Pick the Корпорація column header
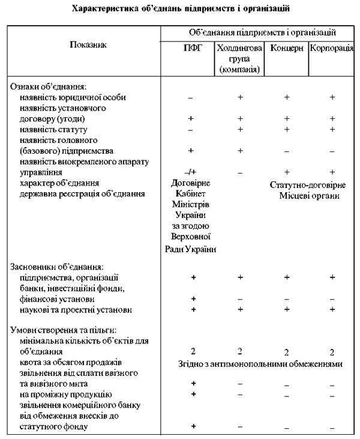click(331, 49)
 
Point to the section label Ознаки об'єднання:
click(49, 87)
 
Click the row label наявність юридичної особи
click(73, 97)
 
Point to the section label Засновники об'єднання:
click(58, 267)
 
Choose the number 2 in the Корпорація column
click(332, 352)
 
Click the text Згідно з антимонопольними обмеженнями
click(260, 363)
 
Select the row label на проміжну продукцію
click(64, 394)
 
